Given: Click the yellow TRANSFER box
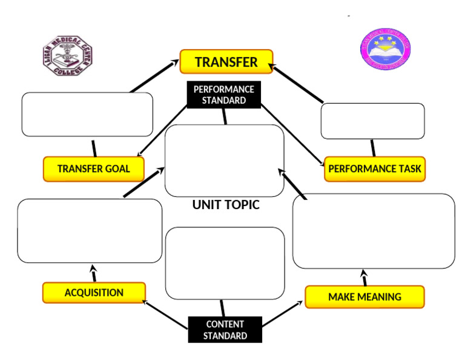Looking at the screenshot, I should [226, 62].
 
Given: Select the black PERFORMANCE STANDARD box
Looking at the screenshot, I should [223, 95].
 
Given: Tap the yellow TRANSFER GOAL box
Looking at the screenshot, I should [93, 168].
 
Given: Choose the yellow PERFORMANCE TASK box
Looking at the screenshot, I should [374, 168].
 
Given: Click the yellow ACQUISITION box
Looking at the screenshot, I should [94, 293].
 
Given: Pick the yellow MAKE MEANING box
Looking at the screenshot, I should [364, 297].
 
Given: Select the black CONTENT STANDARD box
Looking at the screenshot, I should [225, 330].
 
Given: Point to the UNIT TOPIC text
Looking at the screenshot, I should [226, 205].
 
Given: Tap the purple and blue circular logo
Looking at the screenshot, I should [385, 49].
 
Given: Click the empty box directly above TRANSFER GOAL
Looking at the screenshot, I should [87, 114].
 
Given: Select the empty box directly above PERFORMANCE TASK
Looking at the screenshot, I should [372, 121].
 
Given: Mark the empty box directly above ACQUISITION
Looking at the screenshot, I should [90, 230].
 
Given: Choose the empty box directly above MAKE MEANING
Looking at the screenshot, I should [374, 231].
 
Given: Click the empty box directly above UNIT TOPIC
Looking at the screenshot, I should [225, 161].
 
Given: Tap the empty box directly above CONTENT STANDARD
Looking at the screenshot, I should [225, 263].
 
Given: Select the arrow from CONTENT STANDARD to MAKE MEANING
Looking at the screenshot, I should [282, 315].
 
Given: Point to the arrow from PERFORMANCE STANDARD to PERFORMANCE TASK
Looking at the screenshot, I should [292, 134].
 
